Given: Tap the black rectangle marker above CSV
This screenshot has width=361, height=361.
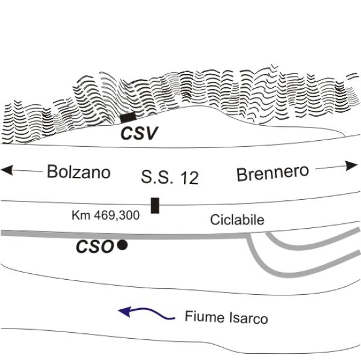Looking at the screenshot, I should [128, 118].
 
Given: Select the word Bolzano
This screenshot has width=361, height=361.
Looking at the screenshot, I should [79, 172].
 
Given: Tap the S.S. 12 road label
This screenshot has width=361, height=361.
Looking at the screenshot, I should [169, 177].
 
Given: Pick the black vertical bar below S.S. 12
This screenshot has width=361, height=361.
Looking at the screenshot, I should [155, 205].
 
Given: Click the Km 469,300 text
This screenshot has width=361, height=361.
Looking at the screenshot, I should [105, 214].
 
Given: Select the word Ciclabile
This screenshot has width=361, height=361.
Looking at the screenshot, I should [237, 220].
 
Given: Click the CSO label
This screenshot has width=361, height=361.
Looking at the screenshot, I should [94, 247].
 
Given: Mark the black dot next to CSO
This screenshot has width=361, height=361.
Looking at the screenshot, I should [122, 245].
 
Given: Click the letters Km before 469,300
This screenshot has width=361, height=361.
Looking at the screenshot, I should [79, 214].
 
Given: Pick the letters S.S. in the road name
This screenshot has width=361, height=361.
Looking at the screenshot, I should [156, 177].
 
